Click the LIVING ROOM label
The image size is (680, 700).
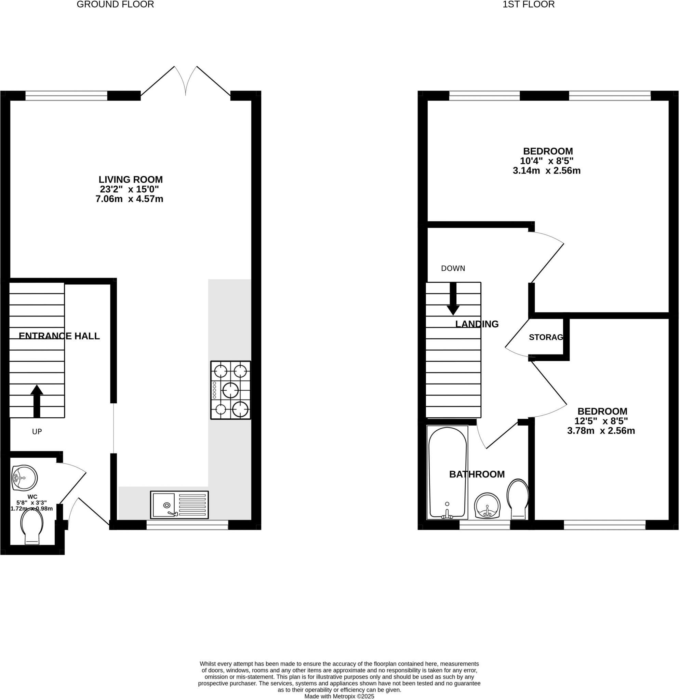click(x=130, y=180)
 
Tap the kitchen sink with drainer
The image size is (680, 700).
click(x=179, y=505)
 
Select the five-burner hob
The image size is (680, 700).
click(x=230, y=390)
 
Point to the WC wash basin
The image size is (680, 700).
click(x=24, y=478)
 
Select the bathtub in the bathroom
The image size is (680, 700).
click(x=447, y=472)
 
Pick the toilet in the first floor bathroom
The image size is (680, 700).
click(x=518, y=499)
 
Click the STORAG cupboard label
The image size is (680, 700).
click(x=545, y=337)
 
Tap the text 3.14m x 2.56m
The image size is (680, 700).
click(x=546, y=171)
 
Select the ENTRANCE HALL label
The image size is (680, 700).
click(x=59, y=336)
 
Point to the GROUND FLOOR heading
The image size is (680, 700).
click(x=115, y=5)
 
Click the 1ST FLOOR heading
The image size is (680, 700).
click(x=529, y=5)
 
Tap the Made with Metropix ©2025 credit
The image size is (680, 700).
click(x=339, y=697)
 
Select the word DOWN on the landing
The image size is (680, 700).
click(x=453, y=268)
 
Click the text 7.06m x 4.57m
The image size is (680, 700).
click(x=129, y=199)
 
